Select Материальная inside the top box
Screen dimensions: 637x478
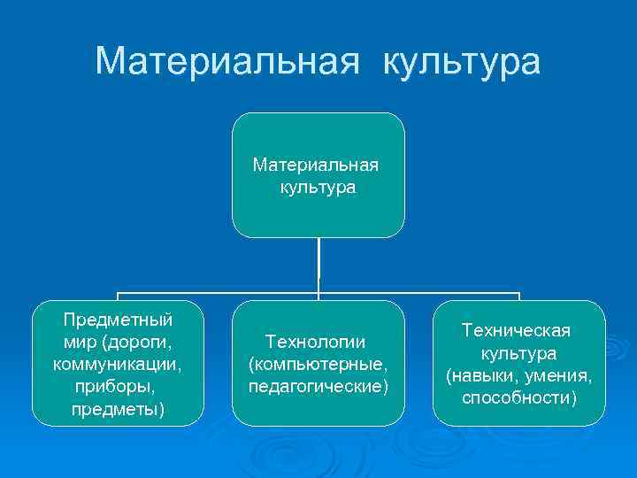316,166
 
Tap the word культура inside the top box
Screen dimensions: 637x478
318,188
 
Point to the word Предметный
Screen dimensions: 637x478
119,320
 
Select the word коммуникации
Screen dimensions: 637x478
118,365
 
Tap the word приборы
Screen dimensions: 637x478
118,388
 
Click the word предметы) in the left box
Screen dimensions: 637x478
118,410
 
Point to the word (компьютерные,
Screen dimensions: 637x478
318,364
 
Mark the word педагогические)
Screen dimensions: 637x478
318,387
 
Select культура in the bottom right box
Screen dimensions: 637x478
518,353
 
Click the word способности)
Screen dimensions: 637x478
518,398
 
